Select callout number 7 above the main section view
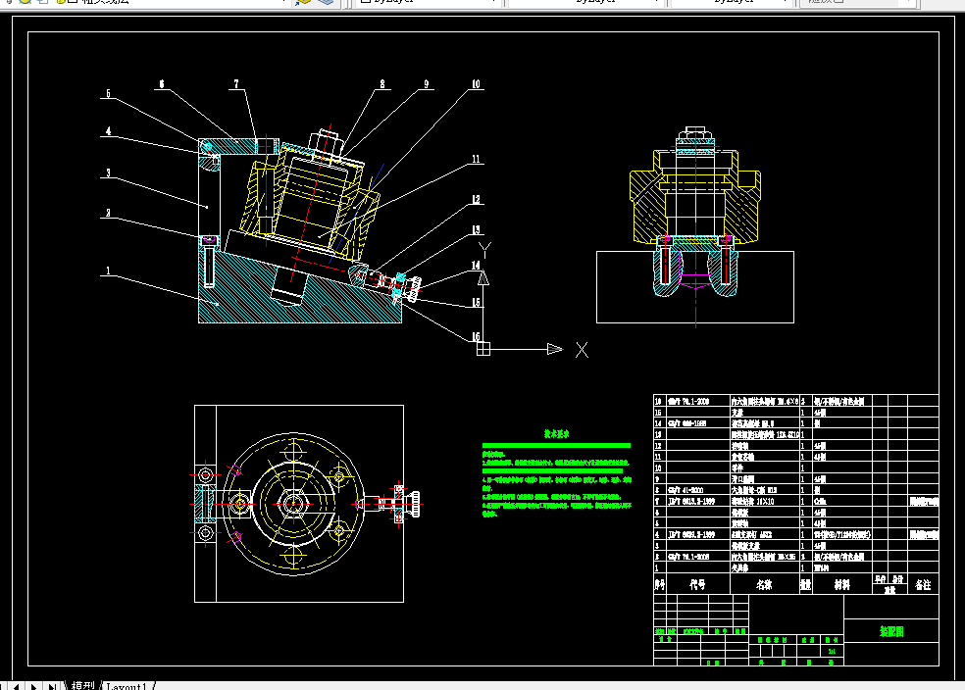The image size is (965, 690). pyautogui.click(x=235, y=85)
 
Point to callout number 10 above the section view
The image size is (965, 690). pyautogui.click(x=476, y=85)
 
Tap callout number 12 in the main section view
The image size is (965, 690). pyautogui.click(x=476, y=200)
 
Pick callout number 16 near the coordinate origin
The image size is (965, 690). pyautogui.click(x=477, y=336)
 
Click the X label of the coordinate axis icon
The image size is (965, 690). pyautogui.click(x=582, y=349)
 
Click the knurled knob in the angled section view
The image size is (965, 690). pyautogui.click(x=416, y=286)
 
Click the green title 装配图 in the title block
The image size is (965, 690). pyautogui.click(x=891, y=631)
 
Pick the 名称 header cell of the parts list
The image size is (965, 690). pyautogui.click(x=764, y=585)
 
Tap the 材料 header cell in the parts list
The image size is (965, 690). pyautogui.click(x=841, y=585)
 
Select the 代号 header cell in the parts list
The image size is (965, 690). pyautogui.click(x=697, y=585)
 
